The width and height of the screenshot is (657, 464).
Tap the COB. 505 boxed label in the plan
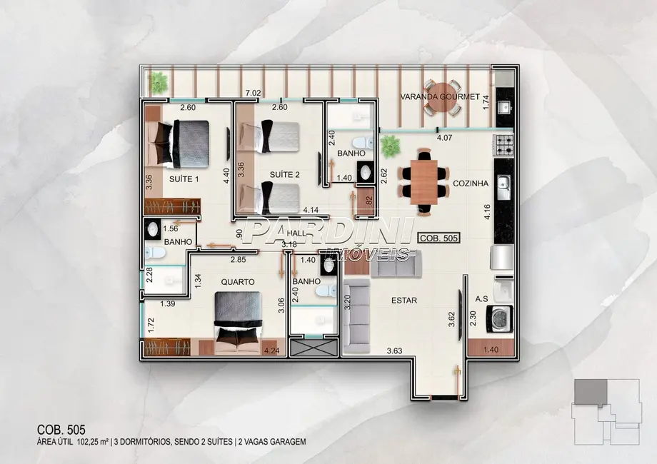(x=438, y=239)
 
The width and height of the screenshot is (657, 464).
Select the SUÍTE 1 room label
(x=184, y=179)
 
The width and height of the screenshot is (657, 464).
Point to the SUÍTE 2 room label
(x=284, y=174)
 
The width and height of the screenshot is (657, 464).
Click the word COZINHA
(x=470, y=183)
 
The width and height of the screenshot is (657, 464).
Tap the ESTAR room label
(x=403, y=301)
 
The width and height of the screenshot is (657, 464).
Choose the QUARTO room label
(x=237, y=282)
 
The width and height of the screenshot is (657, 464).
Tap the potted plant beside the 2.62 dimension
(x=390, y=147)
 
